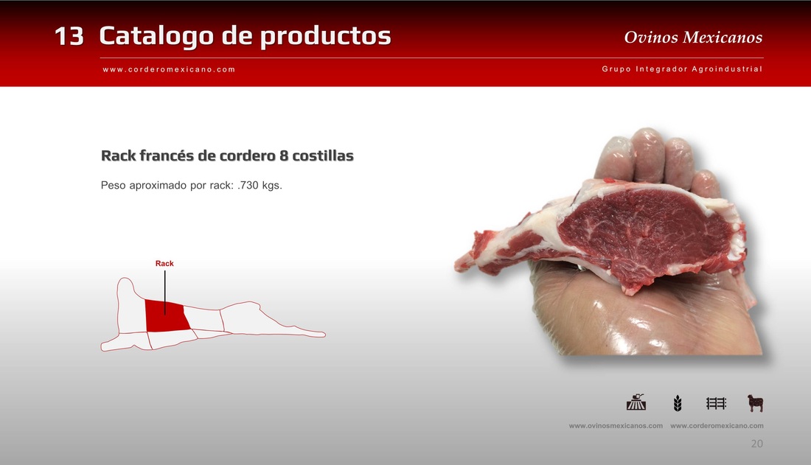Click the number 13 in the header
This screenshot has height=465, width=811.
pos(69,36)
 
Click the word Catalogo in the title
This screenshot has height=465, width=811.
pos(156,35)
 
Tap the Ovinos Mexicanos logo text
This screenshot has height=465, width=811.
pos(693,38)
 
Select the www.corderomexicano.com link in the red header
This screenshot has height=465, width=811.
pos(169,69)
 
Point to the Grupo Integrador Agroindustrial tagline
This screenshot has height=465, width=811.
pos(682,69)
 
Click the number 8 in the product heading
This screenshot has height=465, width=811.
pos(284,155)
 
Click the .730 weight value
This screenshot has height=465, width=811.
pos(248,185)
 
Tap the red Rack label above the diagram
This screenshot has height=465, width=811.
pos(164,263)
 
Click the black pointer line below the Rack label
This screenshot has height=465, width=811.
pos(165,292)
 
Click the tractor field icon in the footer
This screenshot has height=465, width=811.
pos(636,402)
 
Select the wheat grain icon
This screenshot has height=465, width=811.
pos(678,403)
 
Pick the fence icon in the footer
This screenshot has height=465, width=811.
pos(717,403)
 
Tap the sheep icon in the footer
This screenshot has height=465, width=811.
pos(756,403)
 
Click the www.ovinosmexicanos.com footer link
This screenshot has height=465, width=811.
pos(616,426)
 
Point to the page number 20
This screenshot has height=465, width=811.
pos(756,444)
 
